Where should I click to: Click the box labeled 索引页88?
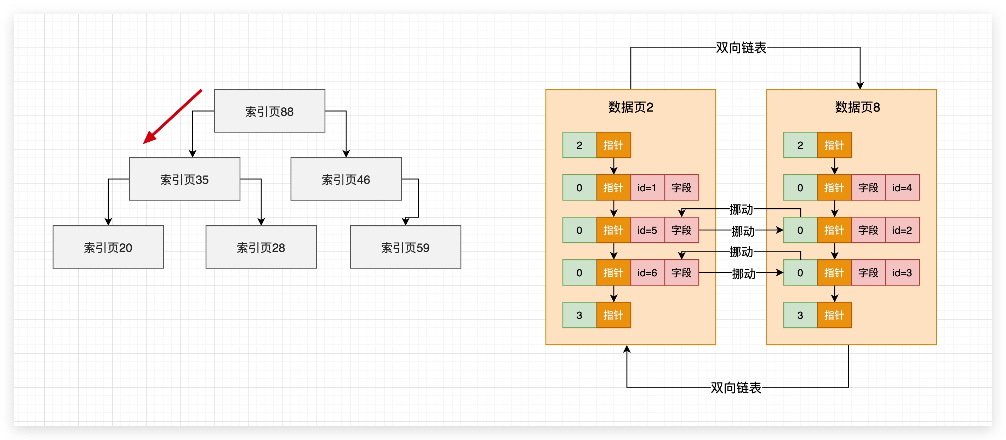[x=269, y=111]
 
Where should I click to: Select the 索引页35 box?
[x=184, y=179]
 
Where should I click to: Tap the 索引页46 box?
[x=345, y=179]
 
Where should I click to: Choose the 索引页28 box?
[x=261, y=247]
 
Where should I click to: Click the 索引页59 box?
[x=405, y=247]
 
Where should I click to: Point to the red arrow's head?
[x=148, y=140]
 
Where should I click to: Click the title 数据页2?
[x=630, y=107]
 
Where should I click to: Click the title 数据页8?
[x=857, y=107]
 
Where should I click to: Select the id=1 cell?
[x=647, y=188]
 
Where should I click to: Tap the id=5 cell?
[x=647, y=231]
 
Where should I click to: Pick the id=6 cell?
[x=647, y=273]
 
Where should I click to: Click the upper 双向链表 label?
[x=741, y=48]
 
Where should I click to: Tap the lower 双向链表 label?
[x=736, y=388]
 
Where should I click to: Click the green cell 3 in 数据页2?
[x=579, y=315]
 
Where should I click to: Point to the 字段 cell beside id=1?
[x=681, y=188]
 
